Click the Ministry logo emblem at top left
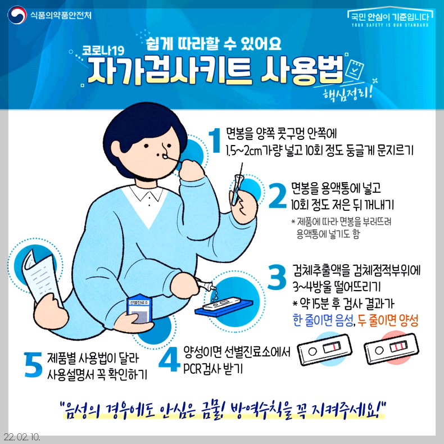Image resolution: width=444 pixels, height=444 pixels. pyautogui.click(x=16, y=15)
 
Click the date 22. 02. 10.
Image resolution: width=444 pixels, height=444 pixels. pyautogui.click(x=21, y=437)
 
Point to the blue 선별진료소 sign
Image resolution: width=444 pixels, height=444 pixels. pyautogui.click(x=138, y=309)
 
